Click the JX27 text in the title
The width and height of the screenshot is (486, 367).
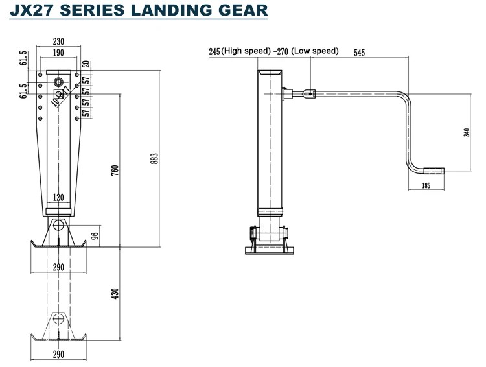[x=32, y=11]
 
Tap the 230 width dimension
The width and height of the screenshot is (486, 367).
[x=59, y=43]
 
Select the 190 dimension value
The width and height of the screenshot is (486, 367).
[x=59, y=53]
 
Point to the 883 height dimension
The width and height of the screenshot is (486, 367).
[x=154, y=158]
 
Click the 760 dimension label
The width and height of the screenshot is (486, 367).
[x=115, y=171]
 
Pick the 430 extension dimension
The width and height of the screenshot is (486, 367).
[x=115, y=294]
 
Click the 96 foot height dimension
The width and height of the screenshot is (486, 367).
[x=95, y=235]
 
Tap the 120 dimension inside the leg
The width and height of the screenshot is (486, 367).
[x=59, y=196]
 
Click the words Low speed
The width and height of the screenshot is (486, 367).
[x=315, y=51]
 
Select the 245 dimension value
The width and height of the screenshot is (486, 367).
[x=215, y=51]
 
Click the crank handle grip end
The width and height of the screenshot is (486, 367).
[x=433, y=172]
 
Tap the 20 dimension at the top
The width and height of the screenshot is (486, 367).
[x=86, y=64]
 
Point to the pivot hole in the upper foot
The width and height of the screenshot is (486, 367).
[x=59, y=226]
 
